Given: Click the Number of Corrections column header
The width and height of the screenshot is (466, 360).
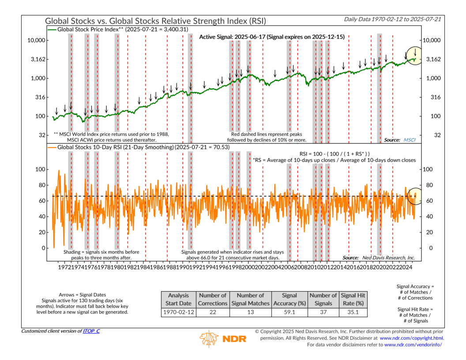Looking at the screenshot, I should tap(212, 300).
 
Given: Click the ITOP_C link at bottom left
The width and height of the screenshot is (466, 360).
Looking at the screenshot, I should tap(90, 331).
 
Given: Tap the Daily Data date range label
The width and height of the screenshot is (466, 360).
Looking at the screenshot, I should tap(394, 20).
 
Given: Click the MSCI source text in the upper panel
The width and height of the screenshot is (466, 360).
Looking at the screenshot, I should tap(410, 139).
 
